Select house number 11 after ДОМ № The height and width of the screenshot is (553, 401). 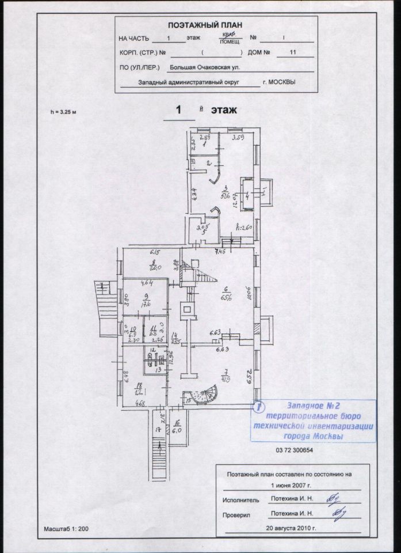pos(294,52)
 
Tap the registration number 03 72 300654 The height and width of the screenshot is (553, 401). pos(295,450)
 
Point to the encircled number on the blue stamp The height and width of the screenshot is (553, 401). pos(260,407)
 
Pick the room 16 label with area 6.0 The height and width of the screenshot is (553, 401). pos(178,429)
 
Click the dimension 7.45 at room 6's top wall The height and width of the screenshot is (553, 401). pos(220,252)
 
